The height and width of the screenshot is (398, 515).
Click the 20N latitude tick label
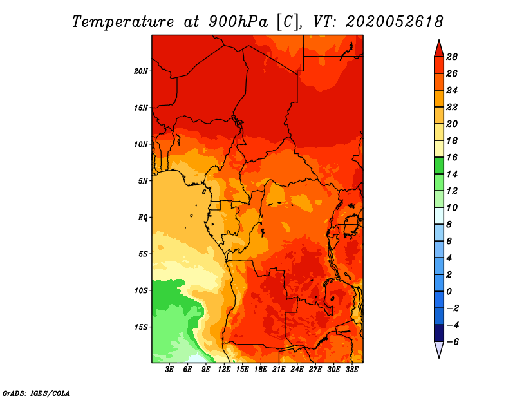(x=140, y=71)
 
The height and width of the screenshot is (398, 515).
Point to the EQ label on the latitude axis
(x=142, y=218)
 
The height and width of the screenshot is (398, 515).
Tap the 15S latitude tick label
(x=140, y=327)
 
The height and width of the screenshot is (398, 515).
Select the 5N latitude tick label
(x=142, y=181)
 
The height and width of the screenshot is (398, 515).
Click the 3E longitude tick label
(x=169, y=370)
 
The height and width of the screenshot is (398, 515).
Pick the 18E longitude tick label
(x=261, y=370)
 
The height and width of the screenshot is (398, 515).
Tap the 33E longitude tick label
(x=351, y=370)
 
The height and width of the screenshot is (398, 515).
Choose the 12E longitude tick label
(x=224, y=370)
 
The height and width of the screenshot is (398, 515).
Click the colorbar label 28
(x=452, y=57)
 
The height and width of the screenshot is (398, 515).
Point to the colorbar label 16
(x=452, y=157)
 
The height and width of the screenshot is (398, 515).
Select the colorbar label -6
(x=453, y=342)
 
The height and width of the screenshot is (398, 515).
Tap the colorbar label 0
(x=449, y=292)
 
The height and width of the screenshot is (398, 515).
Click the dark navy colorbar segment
(x=439, y=333)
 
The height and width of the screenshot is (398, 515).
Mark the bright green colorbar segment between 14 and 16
(x=439, y=166)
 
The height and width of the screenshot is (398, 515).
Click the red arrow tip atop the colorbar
(x=439, y=41)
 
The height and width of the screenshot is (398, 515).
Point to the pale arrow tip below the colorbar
(x=439, y=357)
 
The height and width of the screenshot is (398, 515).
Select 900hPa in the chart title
(x=238, y=22)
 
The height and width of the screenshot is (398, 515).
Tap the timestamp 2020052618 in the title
(x=395, y=22)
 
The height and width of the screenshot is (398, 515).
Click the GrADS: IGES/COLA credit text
(x=36, y=393)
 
